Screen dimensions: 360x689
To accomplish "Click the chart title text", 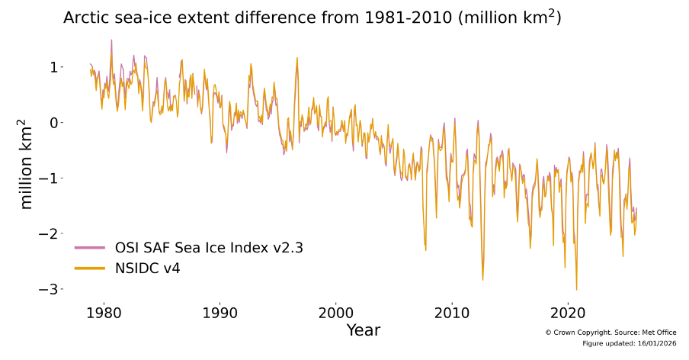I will (312, 18).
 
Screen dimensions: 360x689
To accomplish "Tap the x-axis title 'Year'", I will (363, 330).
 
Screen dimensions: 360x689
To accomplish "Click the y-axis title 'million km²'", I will (27, 164).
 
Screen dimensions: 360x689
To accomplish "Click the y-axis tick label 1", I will (54, 67).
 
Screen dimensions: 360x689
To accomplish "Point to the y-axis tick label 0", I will (54, 123).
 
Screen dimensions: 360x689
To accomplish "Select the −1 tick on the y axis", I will (50, 178).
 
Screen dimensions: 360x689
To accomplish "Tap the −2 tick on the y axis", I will (50, 233).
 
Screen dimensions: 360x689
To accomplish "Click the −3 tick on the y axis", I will (50, 289).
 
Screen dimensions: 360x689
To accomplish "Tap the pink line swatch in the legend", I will (90, 248).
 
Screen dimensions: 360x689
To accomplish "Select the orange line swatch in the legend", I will (90, 268).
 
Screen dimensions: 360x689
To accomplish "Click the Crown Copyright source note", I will (610, 333).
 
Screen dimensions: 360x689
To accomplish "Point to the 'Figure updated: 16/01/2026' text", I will (629, 344).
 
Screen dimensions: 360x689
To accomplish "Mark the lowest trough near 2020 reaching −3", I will (576, 289).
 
